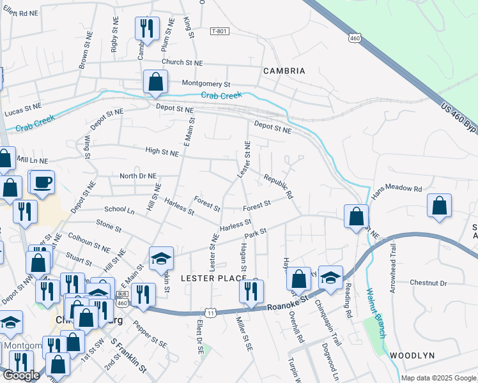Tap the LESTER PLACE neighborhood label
[213, 278]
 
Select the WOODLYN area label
[412, 355]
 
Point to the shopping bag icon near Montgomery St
[155, 82]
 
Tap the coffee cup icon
[43, 183]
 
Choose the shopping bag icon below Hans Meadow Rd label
[439, 206]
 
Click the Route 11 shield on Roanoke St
[210, 311]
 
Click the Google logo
[21, 375]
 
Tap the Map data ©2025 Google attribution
[438, 378]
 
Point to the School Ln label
[119, 209]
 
